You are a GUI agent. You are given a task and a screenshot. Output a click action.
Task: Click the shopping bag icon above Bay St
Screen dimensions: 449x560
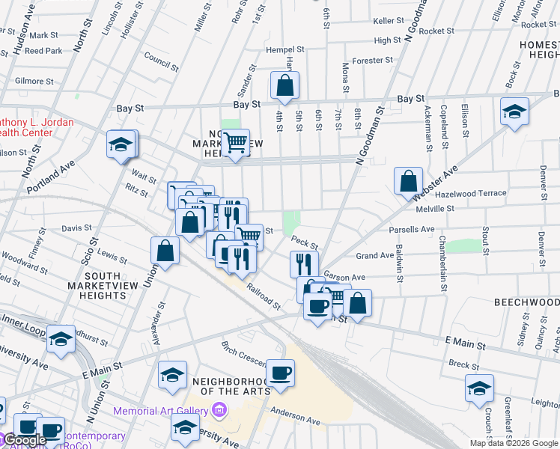coord(285,87)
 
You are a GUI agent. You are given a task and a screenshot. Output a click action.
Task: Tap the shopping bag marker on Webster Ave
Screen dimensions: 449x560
coord(408,181)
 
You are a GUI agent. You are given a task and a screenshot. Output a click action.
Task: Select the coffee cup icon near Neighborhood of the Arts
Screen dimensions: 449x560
coord(280,373)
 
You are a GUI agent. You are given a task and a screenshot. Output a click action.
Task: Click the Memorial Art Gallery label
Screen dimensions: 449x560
coord(161,411)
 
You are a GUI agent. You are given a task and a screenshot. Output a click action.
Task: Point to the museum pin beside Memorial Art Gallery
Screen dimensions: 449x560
coord(219,410)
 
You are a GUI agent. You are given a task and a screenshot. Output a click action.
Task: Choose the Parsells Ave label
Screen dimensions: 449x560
coord(411,229)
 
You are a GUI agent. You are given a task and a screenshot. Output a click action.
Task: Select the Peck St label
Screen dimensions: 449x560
coord(305,242)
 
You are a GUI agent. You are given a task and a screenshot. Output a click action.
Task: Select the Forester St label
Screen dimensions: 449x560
coord(371,60)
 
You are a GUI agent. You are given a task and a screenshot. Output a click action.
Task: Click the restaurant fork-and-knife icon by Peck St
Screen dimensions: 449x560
coord(304,264)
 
